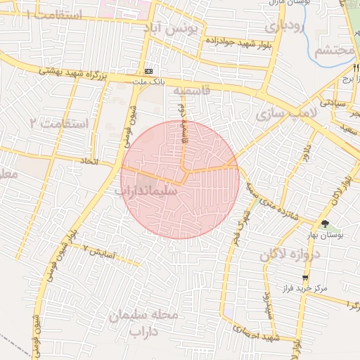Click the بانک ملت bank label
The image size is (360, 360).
(x=148, y=82)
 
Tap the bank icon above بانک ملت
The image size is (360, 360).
(x=148, y=72)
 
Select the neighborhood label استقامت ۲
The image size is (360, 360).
(x=59, y=124)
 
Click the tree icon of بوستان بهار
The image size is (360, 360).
(x=324, y=224)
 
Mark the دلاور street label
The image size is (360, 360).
(x=307, y=159)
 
